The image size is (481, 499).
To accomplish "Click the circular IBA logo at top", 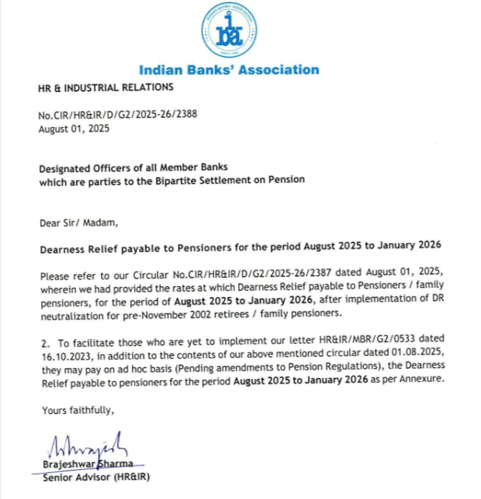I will [229, 31].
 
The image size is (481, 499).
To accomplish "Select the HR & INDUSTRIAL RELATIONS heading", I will [100, 87].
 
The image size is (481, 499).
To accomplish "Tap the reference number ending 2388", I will [116, 116].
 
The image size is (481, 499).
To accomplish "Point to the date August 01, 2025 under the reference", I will [74, 129].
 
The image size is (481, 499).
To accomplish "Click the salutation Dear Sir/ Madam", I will [79, 223].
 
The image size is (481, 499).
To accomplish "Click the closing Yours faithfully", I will [77, 411].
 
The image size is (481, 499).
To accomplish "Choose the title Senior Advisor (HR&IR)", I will [97, 479].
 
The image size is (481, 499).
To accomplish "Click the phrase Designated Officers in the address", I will [84, 167].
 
